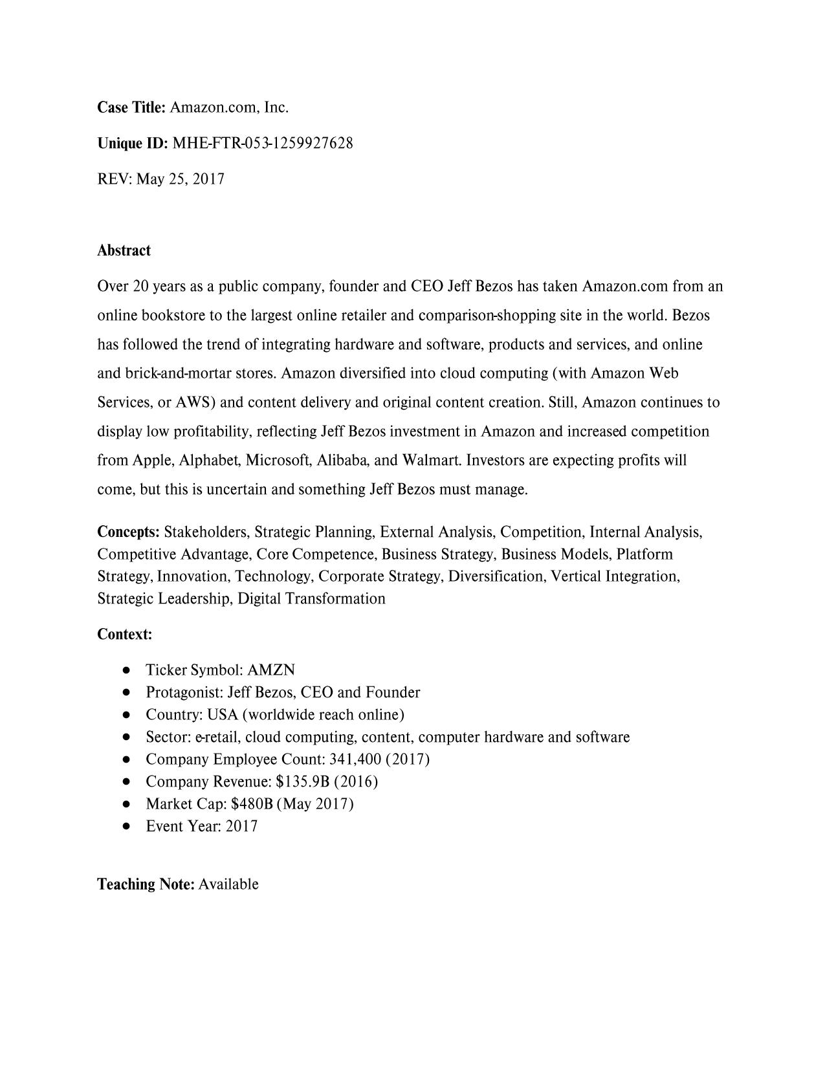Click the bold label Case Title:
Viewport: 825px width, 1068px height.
(131, 107)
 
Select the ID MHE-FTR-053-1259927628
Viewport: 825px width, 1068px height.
(263, 143)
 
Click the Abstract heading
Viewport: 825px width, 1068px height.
(124, 250)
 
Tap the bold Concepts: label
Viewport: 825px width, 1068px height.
(128, 532)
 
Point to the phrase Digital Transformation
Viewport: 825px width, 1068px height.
(311, 598)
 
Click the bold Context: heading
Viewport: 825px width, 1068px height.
(125, 634)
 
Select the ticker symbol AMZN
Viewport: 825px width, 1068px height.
(271, 670)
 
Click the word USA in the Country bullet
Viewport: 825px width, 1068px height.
(222, 715)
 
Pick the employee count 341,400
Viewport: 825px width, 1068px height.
(355, 759)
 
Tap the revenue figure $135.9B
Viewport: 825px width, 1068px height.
(303, 781)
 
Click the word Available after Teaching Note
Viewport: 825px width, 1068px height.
(228, 884)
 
